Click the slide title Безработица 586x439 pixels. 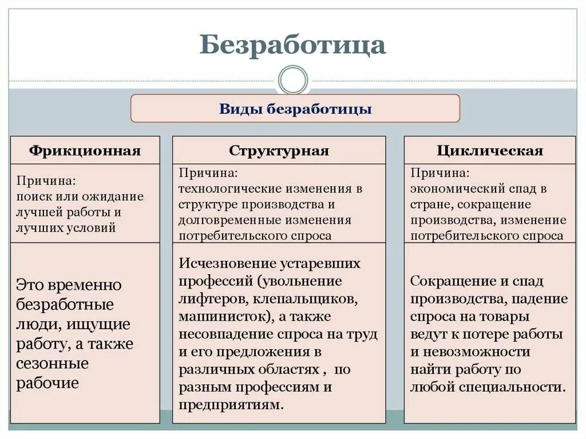tap(292, 45)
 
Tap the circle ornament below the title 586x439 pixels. tap(292, 80)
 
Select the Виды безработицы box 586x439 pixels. tap(295, 109)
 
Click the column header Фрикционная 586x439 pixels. tap(85, 151)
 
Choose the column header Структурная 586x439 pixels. tap(279, 151)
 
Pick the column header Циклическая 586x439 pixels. tap(489, 151)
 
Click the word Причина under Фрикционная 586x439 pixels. tap(45, 181)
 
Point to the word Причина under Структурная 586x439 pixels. tap(208, 172)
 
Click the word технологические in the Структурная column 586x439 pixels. tap(226, 188)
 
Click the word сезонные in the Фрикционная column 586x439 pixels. tap(52, 363)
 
